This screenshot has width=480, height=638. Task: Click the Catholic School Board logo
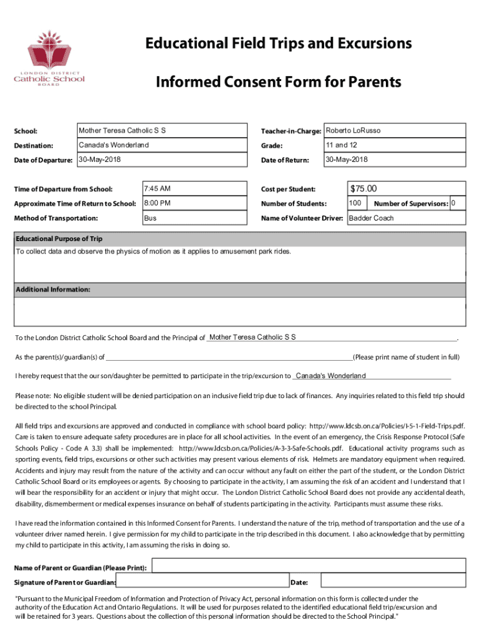point(49,57)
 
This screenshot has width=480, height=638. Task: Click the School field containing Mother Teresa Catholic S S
point(161,131)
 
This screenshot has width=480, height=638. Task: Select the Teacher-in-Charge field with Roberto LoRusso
point(394,131)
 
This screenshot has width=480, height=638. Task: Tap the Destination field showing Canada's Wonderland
point(161,145)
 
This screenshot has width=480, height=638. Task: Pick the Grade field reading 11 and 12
point(394,145)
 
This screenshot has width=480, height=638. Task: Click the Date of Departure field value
point(161,160)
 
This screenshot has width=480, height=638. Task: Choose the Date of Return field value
point(394,160)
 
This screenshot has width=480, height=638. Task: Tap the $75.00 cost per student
point(406,189)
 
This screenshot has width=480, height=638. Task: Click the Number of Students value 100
point(356,203)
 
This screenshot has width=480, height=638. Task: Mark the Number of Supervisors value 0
point(457,203)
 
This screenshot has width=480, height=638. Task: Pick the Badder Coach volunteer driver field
point(405,218)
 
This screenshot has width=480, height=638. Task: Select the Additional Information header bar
point(239,290)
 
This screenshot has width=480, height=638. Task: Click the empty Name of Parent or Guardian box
point(309,565)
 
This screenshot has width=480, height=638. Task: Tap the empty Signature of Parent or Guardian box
point(202,582)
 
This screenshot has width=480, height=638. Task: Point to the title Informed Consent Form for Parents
point(278,82)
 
